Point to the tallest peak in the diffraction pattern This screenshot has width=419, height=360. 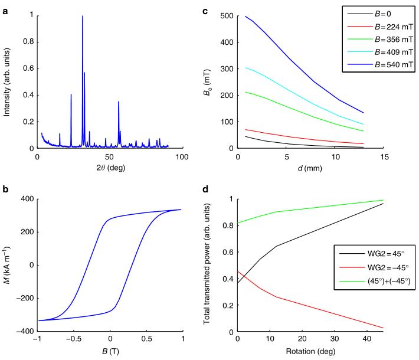tap(83, 17)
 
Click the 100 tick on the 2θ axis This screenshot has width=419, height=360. tap(182, 156)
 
